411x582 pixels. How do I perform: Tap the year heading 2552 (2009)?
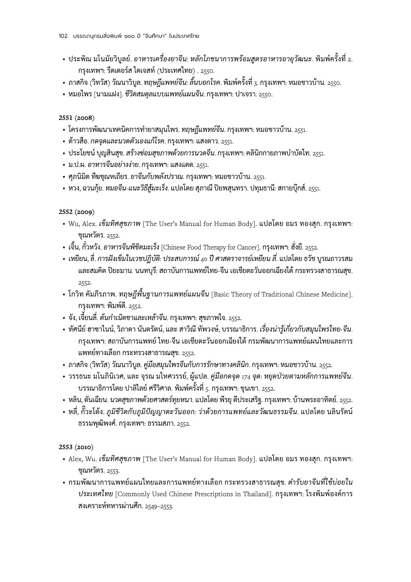(76, 212)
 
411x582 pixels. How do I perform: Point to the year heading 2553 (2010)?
(76, 447)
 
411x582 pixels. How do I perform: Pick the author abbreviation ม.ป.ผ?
(76, 165)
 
